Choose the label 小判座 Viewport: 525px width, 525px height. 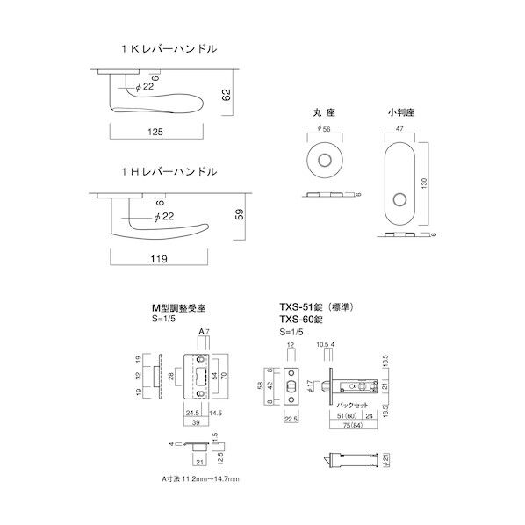coord(399,114)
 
